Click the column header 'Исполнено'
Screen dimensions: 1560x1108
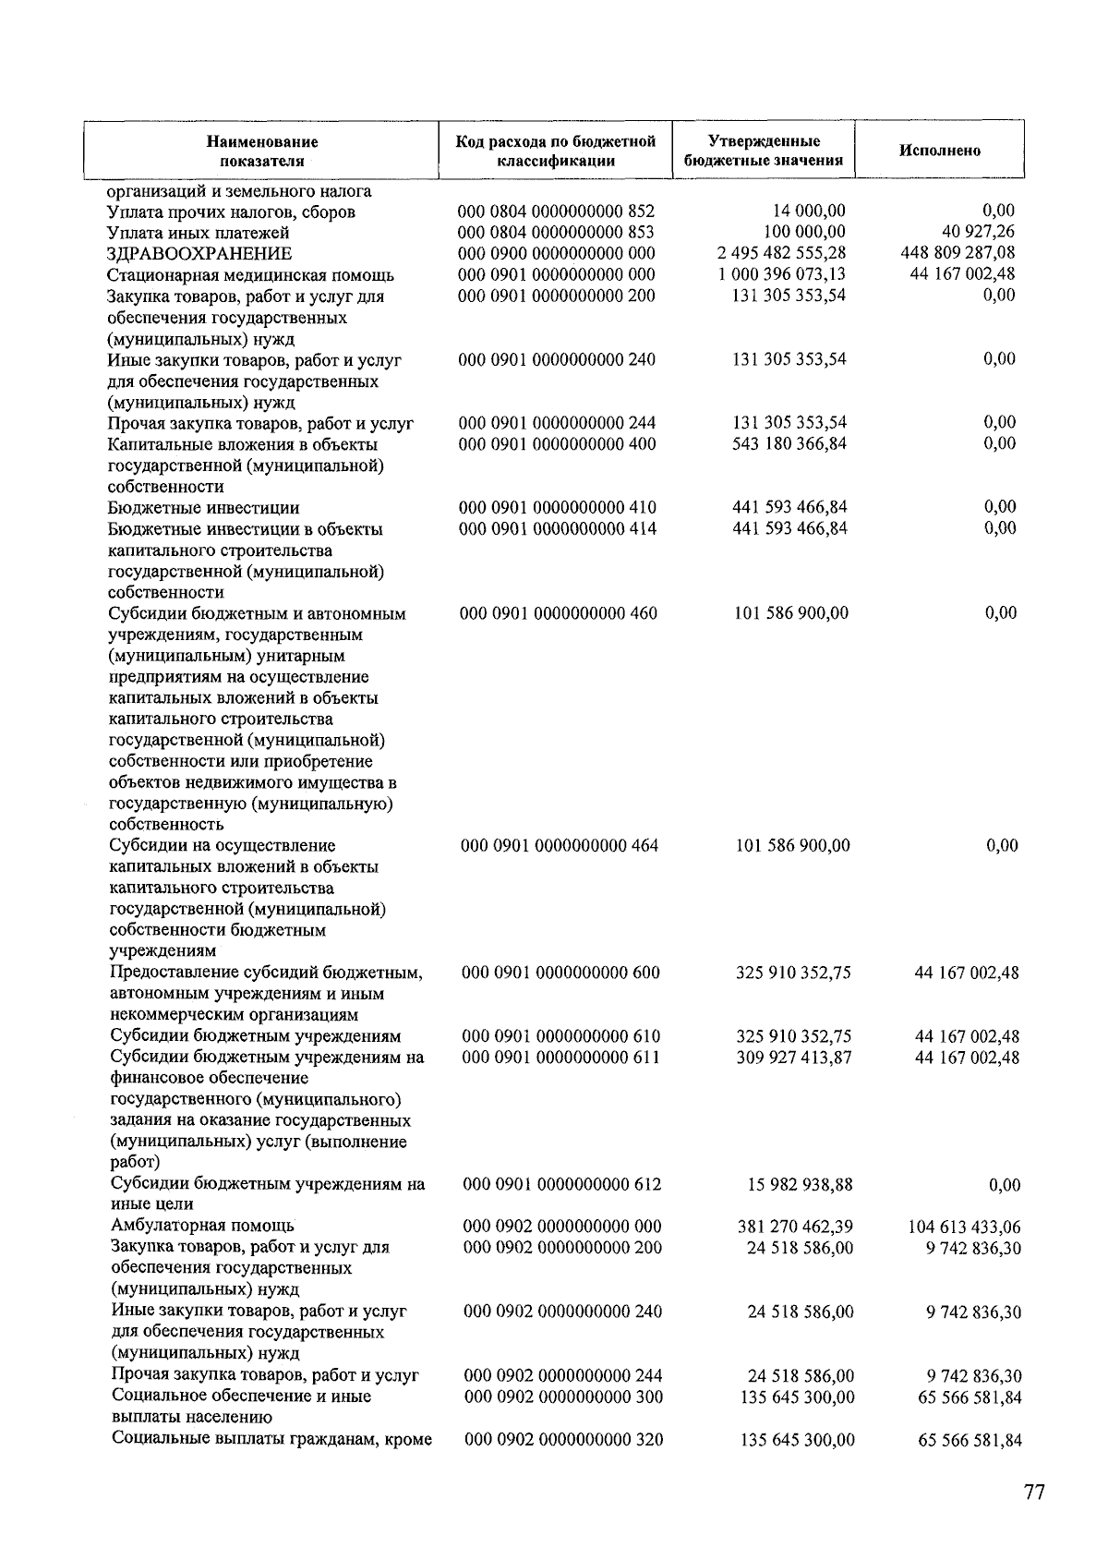coord(939,151)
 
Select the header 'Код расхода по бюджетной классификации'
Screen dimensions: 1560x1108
coord(556,151)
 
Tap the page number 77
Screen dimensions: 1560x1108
coord(1033,1492)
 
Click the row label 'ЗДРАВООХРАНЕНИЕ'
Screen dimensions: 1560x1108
coord(199,253)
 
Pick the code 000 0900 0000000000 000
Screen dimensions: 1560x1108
coord(557,253)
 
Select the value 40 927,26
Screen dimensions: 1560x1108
coord(978,232)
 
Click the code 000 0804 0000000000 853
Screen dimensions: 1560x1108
coord(556,232)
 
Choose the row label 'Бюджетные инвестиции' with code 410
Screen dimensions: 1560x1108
coord(203,508)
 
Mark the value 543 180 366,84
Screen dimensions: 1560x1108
coord(789,443)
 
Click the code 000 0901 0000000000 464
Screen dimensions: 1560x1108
coord(560,845)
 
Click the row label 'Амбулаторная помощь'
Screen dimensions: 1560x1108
coord(202,1226)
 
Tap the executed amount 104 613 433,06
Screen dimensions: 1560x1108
coord(965,1227)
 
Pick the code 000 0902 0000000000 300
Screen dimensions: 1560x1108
coord(562,1397)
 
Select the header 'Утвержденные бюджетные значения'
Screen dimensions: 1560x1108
coord(764,151)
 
